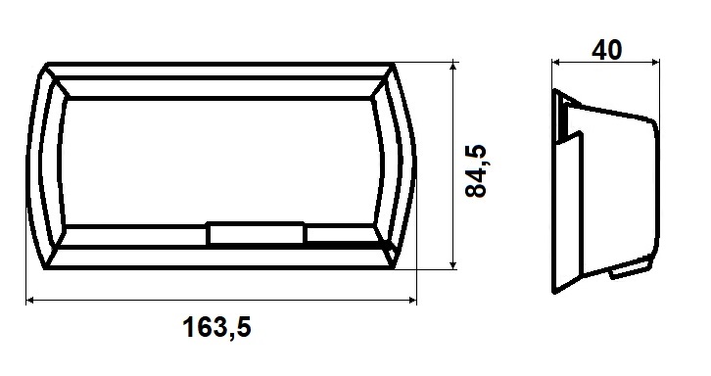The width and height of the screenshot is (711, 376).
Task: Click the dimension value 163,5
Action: point(216,327)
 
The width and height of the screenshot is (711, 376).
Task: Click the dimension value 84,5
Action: point(476,170)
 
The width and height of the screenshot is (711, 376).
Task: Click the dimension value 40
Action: point(607,50)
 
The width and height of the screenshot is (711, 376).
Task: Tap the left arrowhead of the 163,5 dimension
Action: point(30,300)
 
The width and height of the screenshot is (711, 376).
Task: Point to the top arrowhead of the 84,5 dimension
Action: point(452,68)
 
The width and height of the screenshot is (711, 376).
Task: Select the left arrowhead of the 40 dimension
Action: point(556,62)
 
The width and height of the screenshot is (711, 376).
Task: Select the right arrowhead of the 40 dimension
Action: point(655,62)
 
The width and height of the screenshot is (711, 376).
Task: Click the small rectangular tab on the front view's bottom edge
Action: point(256,233)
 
